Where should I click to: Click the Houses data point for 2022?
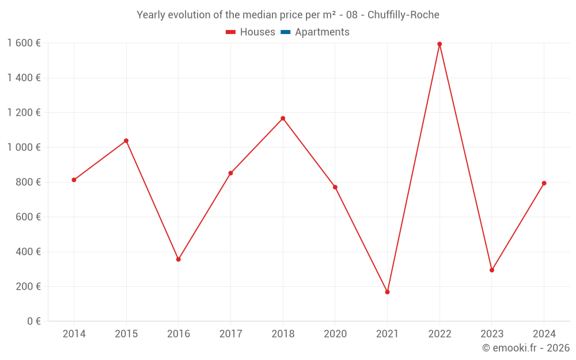439,44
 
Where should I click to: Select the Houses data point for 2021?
387,292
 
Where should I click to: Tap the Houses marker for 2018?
283,119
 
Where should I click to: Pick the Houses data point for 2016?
179,259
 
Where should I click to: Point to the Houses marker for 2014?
74,180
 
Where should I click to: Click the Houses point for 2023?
492,270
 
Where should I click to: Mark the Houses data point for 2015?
126,141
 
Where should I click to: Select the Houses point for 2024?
544,183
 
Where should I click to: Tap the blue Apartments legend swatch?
285,32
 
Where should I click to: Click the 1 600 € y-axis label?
24,43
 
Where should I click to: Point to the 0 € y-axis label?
34,321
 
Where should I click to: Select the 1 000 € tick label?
24,147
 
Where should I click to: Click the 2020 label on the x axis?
335,334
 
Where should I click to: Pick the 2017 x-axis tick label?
230,334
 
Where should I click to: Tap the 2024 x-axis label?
544,334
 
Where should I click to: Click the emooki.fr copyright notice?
525,348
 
